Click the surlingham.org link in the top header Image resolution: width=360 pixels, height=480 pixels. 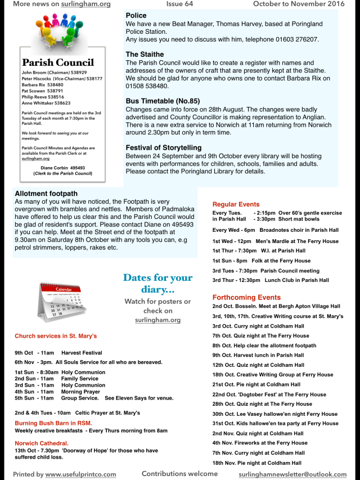pyautogui.click(x=85, y=4)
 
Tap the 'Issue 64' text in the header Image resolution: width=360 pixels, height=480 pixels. pyautogui.click(x=179, y=4)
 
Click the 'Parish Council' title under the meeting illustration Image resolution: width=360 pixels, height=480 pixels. pyautogui.click(x=58, y=62)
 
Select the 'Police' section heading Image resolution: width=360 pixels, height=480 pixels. pyautogui.click(x=136, y=16)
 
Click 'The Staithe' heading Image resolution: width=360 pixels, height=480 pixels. pyautogui.click(x=145, y=55)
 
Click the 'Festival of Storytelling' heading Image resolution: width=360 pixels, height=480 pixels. pyautogui.click(x=164, y=147)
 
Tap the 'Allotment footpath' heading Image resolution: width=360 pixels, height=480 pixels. pyautogui.click(x=46, y=194)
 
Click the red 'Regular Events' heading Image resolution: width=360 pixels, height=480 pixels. pyautogui.click(x=236, y=204)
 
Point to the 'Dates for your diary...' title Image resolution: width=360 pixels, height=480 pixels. pyautogui.click(x=157, y=283)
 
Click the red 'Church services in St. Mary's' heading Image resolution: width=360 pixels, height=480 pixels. pyautogui.click(x=56, y=336)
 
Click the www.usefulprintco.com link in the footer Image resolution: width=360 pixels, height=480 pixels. pyautogui.click(x=80, y=474)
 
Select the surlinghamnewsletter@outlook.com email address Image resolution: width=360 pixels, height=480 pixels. pyautogui.click(x=292, y=474)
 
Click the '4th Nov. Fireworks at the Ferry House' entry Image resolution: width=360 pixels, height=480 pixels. pyautogui.click(x=260, y=443)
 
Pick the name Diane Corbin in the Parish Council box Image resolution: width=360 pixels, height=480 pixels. pyautogui.click(x=55, y=168)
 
